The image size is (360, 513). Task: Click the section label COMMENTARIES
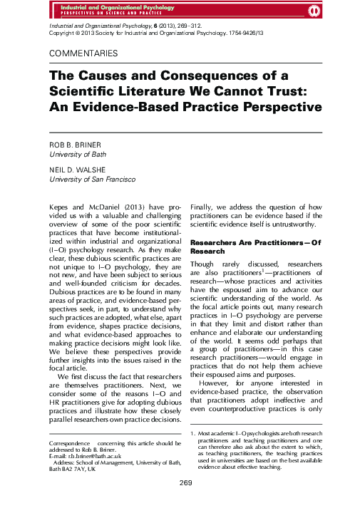tap(83, 54)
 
